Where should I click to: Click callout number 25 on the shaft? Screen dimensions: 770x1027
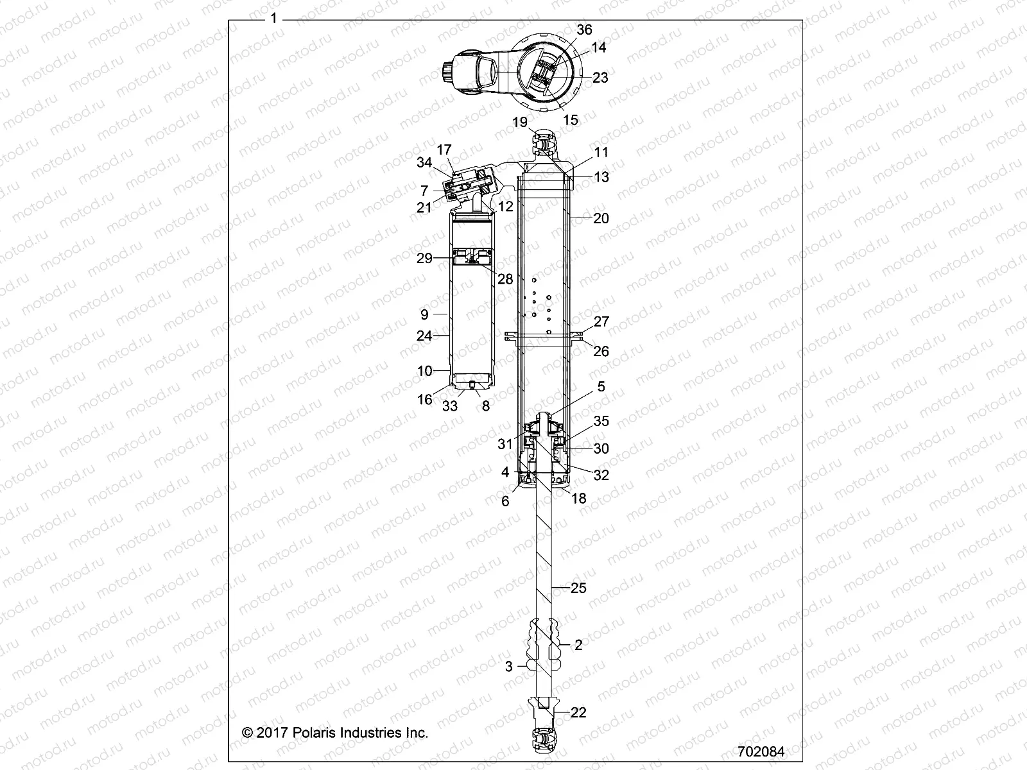point(578,588)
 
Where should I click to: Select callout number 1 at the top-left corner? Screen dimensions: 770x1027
point(274,19)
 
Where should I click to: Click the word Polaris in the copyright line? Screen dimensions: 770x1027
point(313,732)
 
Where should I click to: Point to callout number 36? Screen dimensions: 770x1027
point(584,30)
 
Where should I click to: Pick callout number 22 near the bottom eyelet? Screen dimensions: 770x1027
point(578,713)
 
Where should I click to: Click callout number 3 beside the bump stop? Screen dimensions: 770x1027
point(509,667)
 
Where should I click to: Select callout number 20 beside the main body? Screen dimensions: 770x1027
point(601,218)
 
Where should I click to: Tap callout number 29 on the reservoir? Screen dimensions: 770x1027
point(425,259)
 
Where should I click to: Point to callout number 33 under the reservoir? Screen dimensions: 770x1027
point(450,406)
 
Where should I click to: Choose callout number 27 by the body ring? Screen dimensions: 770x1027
point(601,322)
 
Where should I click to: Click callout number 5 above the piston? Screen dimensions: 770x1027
point(601,387)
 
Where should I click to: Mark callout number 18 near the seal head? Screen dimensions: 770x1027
point(578,498)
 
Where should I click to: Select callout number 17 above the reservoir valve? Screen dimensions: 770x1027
point(462,150)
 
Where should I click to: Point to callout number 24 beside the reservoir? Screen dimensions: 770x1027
point(424,335)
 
